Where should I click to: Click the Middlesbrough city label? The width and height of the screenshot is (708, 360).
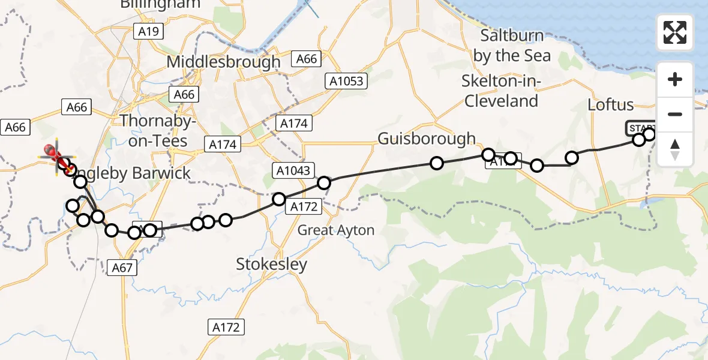pyautogui.click(x=223, y=62)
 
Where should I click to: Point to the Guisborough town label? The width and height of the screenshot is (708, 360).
pyautogui.click(x=426, y=139)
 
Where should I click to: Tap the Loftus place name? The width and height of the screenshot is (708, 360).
pyautogui.click(x=610, y=105)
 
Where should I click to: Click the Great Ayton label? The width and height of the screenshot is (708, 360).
pyautogui.click(x=336, y=230)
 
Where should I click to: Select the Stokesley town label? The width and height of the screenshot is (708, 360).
pyautogui.click(x=271, y=264)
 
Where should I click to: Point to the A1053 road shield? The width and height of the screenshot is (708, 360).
pyautogui.click(x=346, y=80)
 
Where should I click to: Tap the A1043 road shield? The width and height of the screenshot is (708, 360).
pyautogui.click(x=294, y=170)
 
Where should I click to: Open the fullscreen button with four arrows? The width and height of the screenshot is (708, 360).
pyautogui.click(x=675, y=32)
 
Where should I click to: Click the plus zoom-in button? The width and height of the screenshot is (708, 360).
pyautogui.click(x=675, y=80)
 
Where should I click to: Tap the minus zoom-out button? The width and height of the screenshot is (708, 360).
pyautogui.click(x=675, y=114)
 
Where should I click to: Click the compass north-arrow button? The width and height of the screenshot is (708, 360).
pyautogui.click(x=675, y=149)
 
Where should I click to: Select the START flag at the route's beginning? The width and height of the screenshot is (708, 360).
pyautogui.click(x=641, y=128)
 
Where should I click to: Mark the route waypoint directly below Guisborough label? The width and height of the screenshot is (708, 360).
pyautogui.click(x=437, y=163)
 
